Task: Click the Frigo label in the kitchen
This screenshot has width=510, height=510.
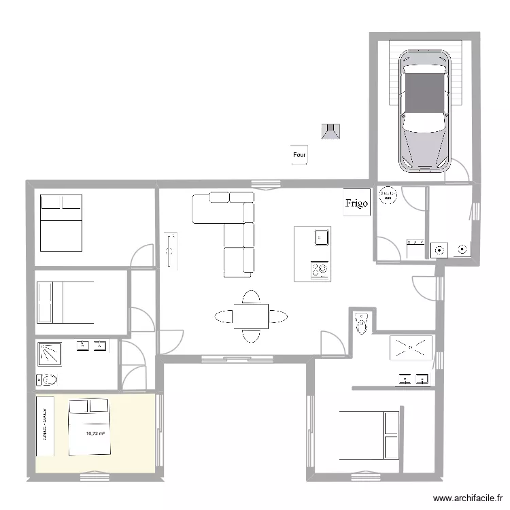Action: point(356,203)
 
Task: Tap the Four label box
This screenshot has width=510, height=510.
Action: point(299,156)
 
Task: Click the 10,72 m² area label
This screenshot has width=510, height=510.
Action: point(95,433)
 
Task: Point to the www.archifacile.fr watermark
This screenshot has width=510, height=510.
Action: point(466,498)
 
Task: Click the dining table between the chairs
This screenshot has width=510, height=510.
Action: point(250,316)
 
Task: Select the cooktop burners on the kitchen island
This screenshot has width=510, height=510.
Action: point(319,271)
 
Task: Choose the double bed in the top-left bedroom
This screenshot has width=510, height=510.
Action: point(61,222)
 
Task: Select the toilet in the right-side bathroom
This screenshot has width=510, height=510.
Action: point(361,323)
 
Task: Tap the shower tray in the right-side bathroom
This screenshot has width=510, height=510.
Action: point(411,347)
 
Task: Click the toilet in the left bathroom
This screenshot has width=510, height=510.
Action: point(50,379)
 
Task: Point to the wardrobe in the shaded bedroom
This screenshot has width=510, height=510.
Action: point(45,426)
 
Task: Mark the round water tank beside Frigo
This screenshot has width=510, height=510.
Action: point(388,195)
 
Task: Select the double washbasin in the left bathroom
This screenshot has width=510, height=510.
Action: point(91,345)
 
